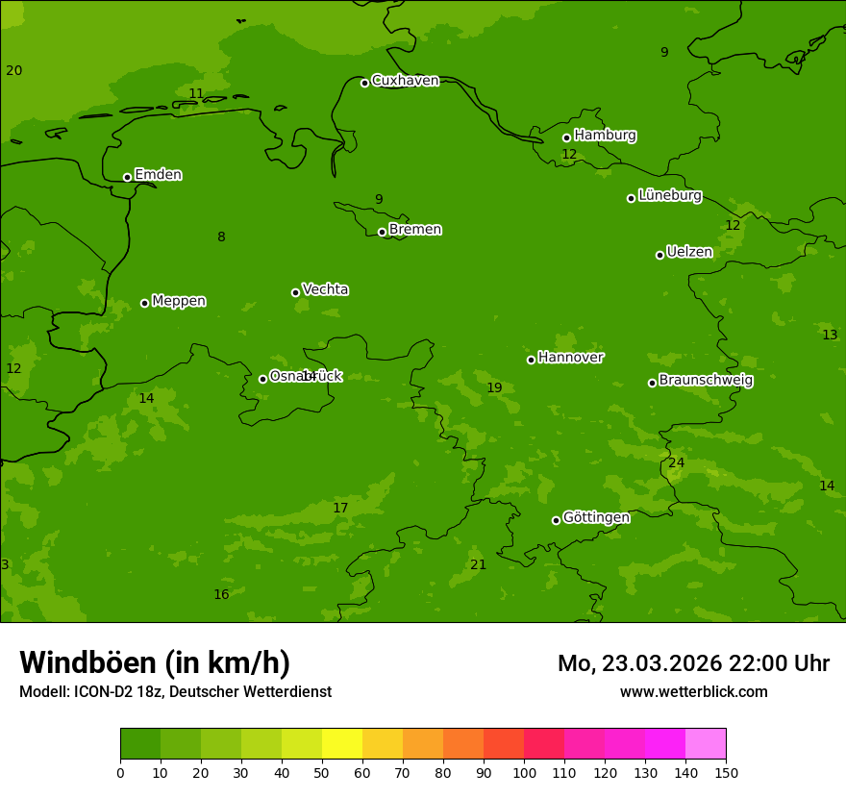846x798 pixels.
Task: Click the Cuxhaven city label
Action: (405, 81)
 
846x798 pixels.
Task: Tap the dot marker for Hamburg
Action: (567, 137)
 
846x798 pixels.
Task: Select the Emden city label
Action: (158, 175)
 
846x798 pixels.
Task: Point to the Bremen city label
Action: (415, 230)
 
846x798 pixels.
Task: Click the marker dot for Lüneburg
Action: (631, 198)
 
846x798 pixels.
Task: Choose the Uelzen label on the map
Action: (689, 253)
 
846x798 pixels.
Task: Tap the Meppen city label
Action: (179, 301)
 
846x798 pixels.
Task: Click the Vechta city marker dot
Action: (295, 292)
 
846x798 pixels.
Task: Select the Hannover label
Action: (571, 358)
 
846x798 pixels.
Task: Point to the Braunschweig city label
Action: (706, 381)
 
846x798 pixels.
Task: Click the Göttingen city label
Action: (596, 518)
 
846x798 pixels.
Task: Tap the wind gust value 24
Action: (677, 463)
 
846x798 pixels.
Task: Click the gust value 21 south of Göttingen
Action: (478, 565)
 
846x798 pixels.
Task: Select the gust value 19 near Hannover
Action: (494, 388)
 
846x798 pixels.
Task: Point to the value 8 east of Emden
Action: (221, 237)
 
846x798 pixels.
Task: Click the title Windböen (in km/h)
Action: (155, 662)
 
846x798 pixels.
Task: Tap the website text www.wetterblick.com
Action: (693, 692)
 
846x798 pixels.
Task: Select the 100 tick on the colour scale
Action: (524, 772)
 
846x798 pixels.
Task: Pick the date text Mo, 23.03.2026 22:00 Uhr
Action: (693, 663)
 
